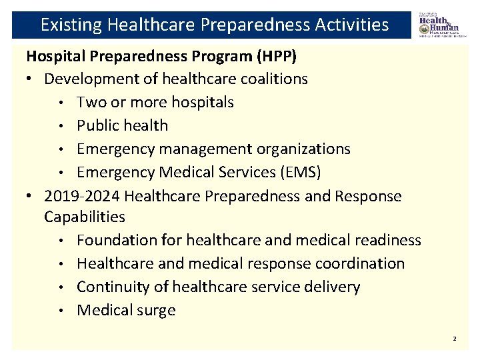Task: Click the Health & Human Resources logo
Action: [x=439, y=25]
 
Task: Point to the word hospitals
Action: [x=203, y=102]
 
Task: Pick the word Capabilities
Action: [x=85, y=217]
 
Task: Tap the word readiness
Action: [x=391, y=239]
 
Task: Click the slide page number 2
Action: [x=455, y=339]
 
